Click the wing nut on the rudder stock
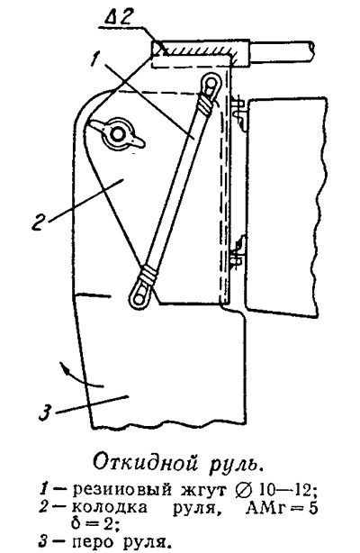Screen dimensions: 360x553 [x=116, y=134]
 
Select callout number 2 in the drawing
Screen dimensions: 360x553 [x=37, y=222]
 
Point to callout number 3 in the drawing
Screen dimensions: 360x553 [x=44, y=412]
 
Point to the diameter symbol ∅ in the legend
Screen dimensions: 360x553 [x=243, y=489]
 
